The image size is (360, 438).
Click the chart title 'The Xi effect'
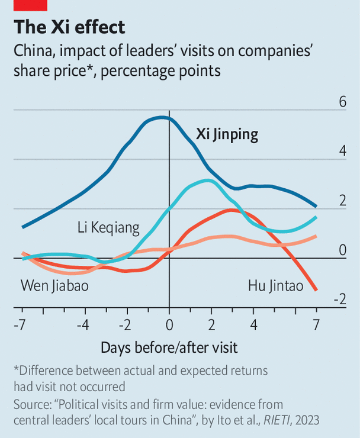69,28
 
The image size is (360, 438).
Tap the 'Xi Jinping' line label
227,134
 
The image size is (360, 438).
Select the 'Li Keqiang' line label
108,227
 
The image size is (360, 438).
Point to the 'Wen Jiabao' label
59,286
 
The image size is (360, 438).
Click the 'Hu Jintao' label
275,286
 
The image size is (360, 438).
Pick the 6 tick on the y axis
342,102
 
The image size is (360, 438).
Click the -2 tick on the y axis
339,300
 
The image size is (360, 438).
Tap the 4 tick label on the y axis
342,152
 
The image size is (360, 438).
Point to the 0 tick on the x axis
169,324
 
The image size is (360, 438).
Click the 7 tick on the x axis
316,324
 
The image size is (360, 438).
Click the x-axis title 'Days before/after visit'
169,347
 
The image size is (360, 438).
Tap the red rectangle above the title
30,5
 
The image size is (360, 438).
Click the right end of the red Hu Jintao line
316,289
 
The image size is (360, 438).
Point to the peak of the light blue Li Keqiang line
207,181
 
